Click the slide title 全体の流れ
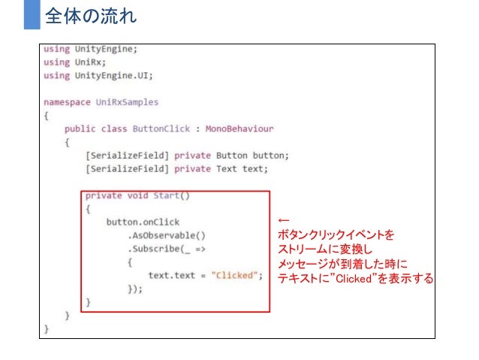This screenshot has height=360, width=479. pyautogui.click(x=91, y=15)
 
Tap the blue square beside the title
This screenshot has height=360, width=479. pyautogui.click(x=30, y=15)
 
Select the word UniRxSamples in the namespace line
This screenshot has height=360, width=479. pyautogui.click(x=127, y=101)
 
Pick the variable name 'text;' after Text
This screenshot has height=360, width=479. pyautogui.click(x=255, y=168)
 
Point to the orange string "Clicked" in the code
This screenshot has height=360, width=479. pyautogui.click(x=236, y=275)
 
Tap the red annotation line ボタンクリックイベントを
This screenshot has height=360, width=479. pyautogui.click(x=336, y=235)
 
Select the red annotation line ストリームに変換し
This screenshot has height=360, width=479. pyautogui.click(x=324, y=249)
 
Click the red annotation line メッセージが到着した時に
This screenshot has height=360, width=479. pyautogui.click(x=342, y=264)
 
